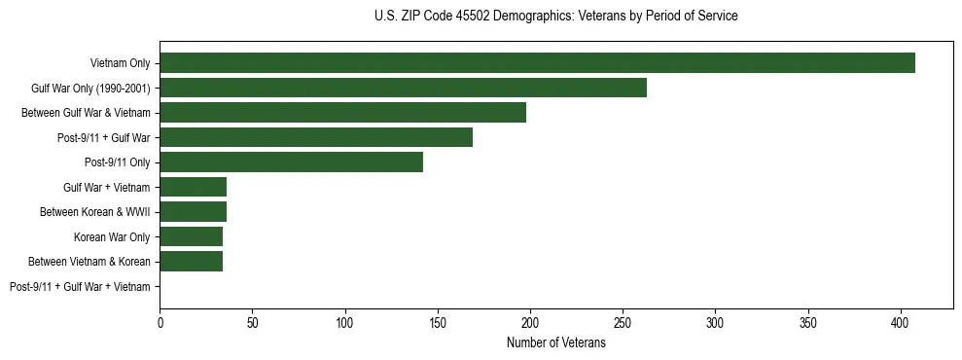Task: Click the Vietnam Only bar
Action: point(537,63)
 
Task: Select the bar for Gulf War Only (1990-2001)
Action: point(403,88)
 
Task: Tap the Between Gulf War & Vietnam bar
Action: point(342,113)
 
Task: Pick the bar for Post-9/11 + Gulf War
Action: point(316,137)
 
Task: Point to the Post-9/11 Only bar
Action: point(291,162)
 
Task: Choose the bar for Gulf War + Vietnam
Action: point(193,187)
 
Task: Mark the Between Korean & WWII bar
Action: point(193,212)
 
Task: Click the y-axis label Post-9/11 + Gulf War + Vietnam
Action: point(80,287)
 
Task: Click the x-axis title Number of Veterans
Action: point(555,343)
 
